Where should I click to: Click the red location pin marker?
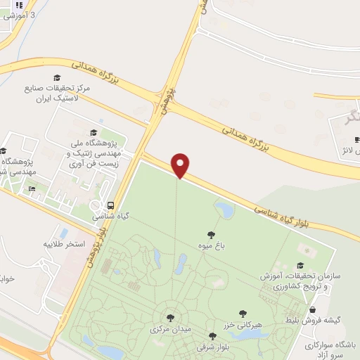point(181,165)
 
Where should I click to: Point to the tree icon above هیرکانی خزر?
point(243,314)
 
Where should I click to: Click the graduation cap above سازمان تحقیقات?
point(300,265)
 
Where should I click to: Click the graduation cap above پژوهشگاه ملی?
point(94,133)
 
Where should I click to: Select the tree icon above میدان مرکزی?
point(169,318)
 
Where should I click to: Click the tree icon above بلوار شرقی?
point(212,337)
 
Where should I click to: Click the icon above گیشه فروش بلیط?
point(312,309)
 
